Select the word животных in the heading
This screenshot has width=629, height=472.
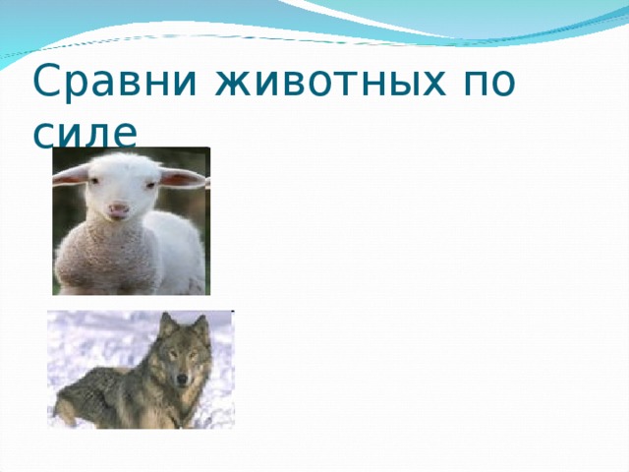click(331, 83)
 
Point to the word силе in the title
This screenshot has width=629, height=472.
click(86, 134)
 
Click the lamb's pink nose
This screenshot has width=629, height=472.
click(118, 209)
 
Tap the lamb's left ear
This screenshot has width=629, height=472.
click(71, 176)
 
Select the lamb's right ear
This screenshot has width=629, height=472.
click(183, 178)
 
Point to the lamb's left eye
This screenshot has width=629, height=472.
click(93, 181)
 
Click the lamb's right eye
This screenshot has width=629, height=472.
click(150, 185)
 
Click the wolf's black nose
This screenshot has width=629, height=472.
click(182, 379)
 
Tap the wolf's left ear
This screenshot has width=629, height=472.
click(168, 324)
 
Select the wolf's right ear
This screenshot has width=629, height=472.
click(200, 327)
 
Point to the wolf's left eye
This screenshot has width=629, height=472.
click(173, 354)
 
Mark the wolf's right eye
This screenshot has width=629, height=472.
click(193, 355)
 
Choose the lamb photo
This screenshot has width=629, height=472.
click(131, 221)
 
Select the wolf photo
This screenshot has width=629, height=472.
click(141, 370)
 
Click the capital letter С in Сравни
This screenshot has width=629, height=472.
click(50, 80)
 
